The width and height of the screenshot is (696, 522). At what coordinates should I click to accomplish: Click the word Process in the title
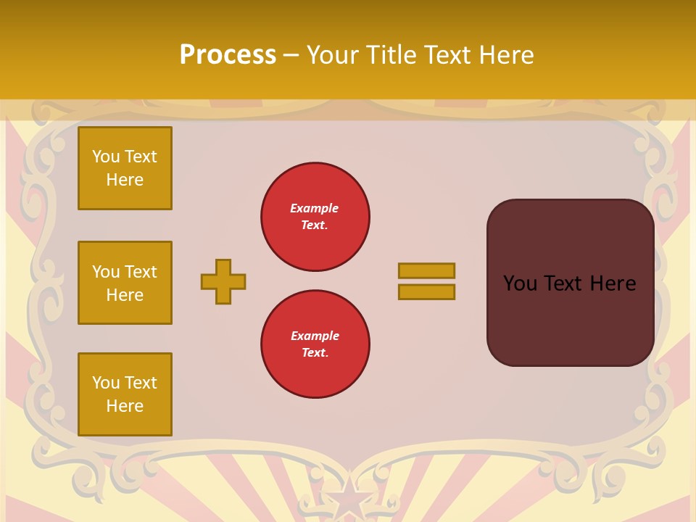228,55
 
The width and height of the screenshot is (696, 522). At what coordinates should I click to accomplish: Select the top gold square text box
125,168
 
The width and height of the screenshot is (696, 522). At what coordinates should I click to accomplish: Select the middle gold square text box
125,283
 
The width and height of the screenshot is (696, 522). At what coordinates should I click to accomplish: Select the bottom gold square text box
125,394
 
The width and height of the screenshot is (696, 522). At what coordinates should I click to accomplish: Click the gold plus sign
223,281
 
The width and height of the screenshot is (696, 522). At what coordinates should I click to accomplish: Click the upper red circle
315,217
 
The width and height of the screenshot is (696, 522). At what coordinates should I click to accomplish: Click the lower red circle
315,344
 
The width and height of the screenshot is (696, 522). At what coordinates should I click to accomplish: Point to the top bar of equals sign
426,270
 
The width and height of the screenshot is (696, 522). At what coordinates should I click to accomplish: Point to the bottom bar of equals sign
426,292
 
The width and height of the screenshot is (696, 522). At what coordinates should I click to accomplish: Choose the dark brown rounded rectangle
570,283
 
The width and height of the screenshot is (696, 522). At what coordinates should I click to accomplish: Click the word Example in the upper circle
314,208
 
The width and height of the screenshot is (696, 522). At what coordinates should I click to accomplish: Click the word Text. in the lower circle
315,353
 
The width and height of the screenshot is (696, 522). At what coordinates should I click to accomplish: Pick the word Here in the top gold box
125,180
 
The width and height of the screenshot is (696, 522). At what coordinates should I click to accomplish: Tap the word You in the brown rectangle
520,283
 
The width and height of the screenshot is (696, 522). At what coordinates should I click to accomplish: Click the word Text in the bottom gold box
139,383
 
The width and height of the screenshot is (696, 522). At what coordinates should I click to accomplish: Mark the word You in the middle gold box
105,272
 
